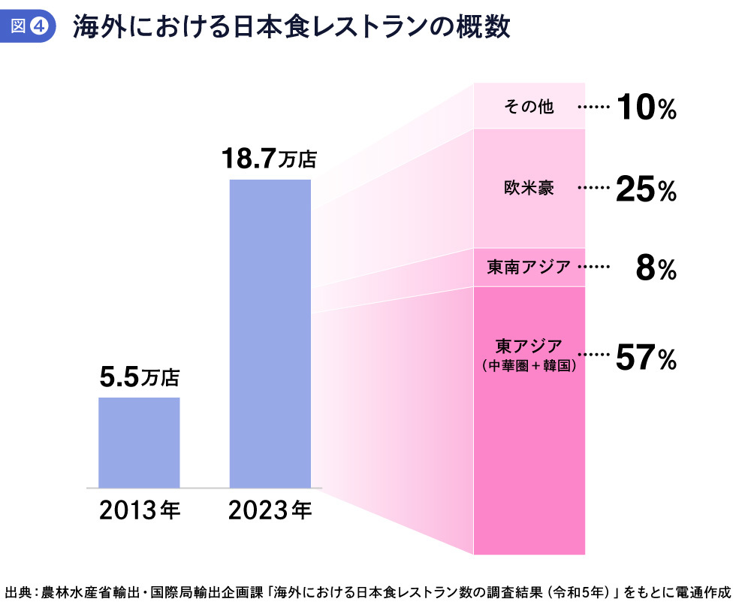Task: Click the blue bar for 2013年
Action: tap(140, 442)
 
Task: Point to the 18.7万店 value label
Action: tap(270, 159)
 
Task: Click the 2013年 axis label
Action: tap(140, 511)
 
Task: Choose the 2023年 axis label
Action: tap(270, 511)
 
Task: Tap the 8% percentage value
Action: tap(656, 269)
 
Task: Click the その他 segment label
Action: tap(529, 107)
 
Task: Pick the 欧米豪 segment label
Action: tap(529, 188)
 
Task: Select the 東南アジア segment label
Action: tap(529, 267)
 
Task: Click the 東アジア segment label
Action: tap(529, 347)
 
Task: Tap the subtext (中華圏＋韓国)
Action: tap(529, 366)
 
